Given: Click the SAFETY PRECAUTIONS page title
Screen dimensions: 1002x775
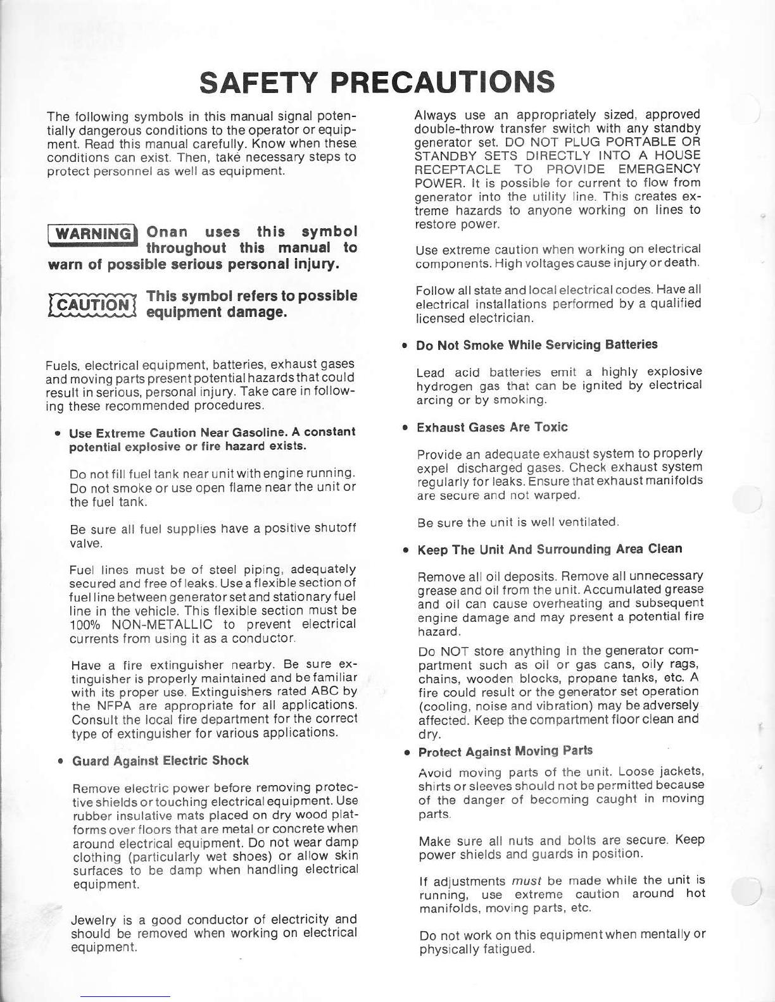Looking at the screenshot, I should pos(377,82).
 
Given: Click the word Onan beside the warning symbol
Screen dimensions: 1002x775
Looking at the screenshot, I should pos(167,232).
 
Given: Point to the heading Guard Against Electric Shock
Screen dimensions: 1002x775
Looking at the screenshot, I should pos(161,761).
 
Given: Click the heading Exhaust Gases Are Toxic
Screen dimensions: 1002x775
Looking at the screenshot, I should pos(492,428).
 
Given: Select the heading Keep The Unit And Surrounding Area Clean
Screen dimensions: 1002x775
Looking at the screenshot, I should pos(550,549).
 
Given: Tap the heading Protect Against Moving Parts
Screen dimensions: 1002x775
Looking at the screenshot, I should pos(505,751).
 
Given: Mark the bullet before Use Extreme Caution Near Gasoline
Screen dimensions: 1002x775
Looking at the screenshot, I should pos(58,433).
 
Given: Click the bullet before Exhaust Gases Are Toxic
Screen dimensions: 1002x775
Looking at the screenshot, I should pos(404,428).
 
